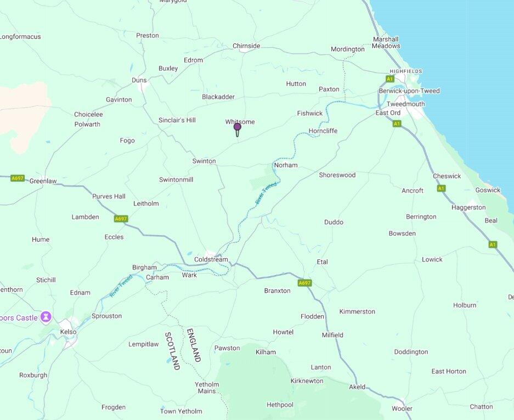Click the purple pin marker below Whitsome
coord(238,128)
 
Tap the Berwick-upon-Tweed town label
coord(409,91)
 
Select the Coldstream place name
coord(211,259)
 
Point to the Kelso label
coord(68,332)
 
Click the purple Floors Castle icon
coord(46,317)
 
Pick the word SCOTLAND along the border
coord(172,350)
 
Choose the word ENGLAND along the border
coord(193,345)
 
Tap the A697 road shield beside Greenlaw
coord(18,178)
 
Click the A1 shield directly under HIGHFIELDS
coord(390,79)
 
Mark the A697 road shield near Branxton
coord(304,283)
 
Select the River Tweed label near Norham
coord(266,194)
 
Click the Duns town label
coord(139,80)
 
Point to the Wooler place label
coord(402,408)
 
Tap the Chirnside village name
coord(246,46)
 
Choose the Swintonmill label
coord(176,180)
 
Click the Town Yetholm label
coord(181,411)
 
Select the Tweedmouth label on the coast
coord(405,104)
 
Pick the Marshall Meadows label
coord(386,43)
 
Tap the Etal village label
coord(322,262)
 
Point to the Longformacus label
coord(21,37)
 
